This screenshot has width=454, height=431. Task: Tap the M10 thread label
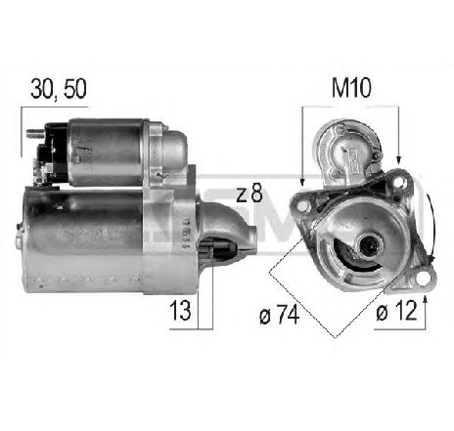pos(349,89)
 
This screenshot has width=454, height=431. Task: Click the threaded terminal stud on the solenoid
pos(34,131)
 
